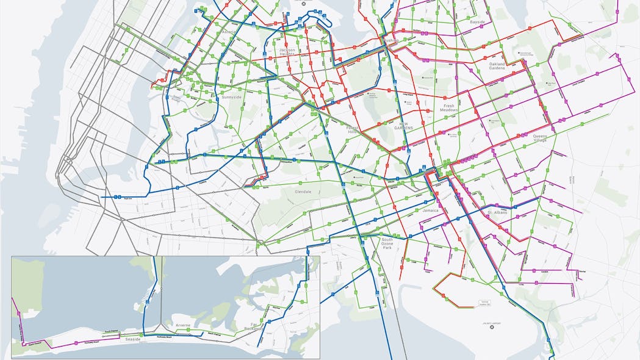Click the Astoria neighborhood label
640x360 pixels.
tap(229, 32)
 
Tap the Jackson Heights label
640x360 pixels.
tap(287, 52)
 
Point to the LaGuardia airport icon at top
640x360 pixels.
tap(303, 4)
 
